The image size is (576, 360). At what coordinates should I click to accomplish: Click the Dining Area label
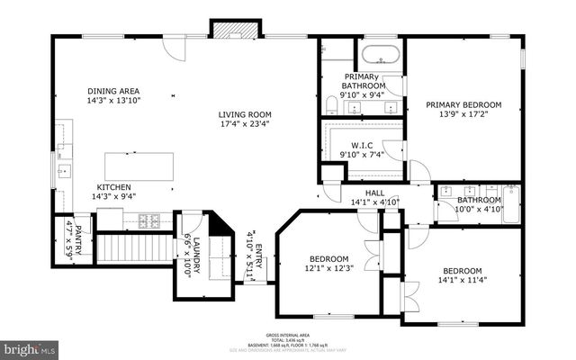click(x=112, y=91)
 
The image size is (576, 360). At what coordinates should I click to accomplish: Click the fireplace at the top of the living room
click(x=222, y=29)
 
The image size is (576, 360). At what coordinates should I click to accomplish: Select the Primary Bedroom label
click(x=463, y=105)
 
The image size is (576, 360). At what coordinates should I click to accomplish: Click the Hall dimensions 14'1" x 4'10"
click(x=373, y=202)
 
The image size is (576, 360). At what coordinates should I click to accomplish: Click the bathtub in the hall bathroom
click(x=511, y=204)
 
